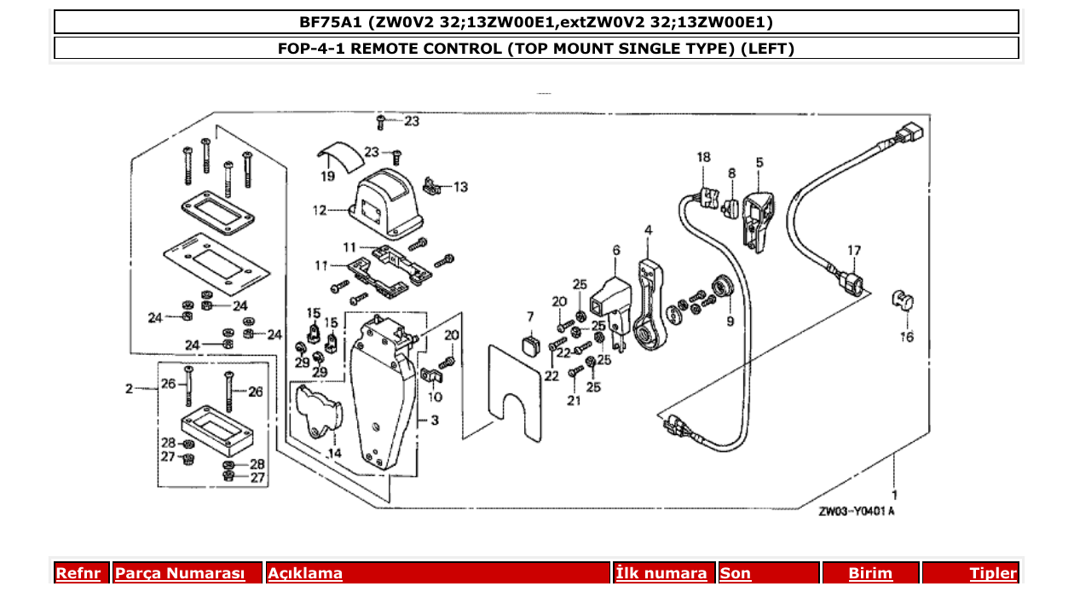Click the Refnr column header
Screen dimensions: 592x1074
pyautogui.click(x=78, y=573)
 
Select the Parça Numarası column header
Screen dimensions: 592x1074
pyautogui.click(x=180, y=573)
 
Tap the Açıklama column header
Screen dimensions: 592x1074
pyautogui.click(x=305, y=573)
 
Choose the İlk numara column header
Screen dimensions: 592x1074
pyautogui.click(x=661, y=573)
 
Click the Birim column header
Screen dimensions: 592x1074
pyautogui.click(x=869, y=573)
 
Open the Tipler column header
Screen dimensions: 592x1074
pyautogui.click(x=992, y=573)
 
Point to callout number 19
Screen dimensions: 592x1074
pyautogui.click(x=328, y=177)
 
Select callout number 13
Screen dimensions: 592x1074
pyautogui.click(x=460, y=187)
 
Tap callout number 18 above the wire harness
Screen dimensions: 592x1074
pyautogui.click(x=702, y=157)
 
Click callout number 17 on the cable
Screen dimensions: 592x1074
pyautogui.click(x=854, y=251)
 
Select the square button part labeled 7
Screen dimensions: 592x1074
pyautogui.click(x=529, y=344)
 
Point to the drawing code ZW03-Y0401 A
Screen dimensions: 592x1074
pyautogui.click(x=856, y=512)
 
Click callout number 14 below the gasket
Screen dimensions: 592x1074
pyautogui.click(x=334, y=453)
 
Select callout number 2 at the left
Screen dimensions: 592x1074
pyautogui.click(x=129, y=389)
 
